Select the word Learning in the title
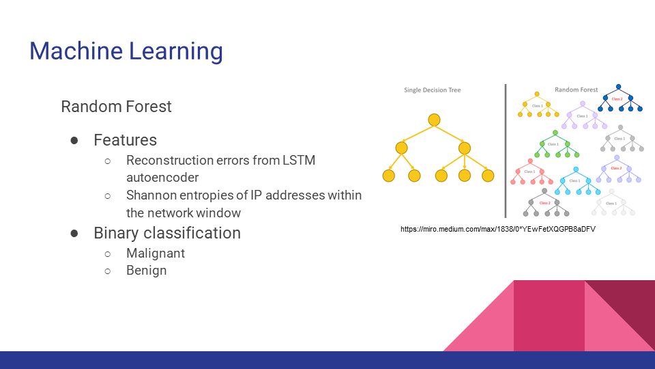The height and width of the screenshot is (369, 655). click(x=175, y=52)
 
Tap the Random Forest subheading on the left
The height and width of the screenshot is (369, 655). click(x=116, y=107)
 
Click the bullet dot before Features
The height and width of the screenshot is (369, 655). click(x=74, y=140)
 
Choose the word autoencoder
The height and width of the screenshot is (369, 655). click(x=162, y=178)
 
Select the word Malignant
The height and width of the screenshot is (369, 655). click(x=156, y=253)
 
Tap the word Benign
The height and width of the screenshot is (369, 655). click(x=146, y=270)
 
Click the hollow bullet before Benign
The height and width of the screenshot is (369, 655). click(x=107, y=271)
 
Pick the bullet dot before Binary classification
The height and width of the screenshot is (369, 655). click(x=74, y=233)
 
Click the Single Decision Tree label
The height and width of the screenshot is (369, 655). click(x=432, y=90)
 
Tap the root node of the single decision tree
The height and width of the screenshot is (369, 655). click(x=434, y=120)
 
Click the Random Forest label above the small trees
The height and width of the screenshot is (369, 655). click(x=576, y=90)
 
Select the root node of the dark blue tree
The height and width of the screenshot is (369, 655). click(x=619, y=87)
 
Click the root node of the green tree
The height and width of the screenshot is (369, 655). click(x=555, y=133)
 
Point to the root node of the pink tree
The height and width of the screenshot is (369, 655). click(x=528, y=161)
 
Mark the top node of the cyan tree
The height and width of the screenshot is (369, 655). click(x=576, y=170)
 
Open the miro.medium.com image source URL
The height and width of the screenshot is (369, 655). click(x=498, y=229)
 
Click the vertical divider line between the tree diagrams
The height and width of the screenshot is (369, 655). click(x=506, y=150)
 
